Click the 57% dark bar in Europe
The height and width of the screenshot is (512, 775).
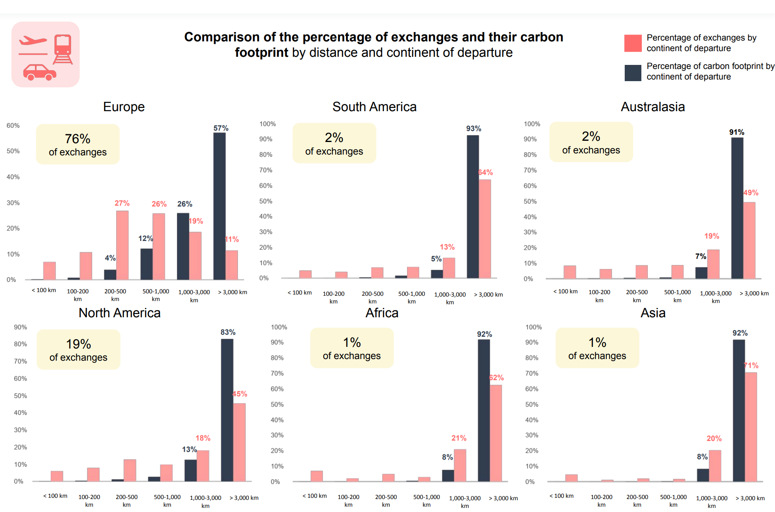pyautogui.click(x=219, y=206)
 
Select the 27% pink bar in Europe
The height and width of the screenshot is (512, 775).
pyautogui.click(x=122, y=245)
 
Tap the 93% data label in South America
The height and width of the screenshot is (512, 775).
pyautogui.click(x=474, y=129)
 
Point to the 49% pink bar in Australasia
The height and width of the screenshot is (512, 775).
pyautogui.click(x=749, y=240)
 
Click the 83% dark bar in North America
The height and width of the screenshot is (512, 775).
pyautogui.click(x=227, y=410)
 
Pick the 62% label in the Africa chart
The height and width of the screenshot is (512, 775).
pyautogui.click(x=496, y=378)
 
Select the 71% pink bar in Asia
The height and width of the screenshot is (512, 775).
pyautogui.click(x=751, y=427)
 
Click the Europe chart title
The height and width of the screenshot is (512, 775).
pyautogui.click(x=124, y=107)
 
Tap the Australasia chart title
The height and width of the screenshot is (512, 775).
pyautogui.click(x=653, y=107)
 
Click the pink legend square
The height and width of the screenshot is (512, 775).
pyautogui.click(x=633, y=43)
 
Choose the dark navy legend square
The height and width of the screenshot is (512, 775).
pyautogui.click(x=633, y=73)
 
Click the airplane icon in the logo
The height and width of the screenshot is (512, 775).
pyautogui.click(x=32, y=41)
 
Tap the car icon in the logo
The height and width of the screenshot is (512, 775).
pyautogui.click(x=39, y=72)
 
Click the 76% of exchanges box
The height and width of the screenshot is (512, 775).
pyautogui.click(x=78, y=144)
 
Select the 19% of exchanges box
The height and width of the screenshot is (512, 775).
pyautogui.click(x=78, y=350)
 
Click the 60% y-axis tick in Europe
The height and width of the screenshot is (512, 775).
pyautogui.click(x=13, y=126)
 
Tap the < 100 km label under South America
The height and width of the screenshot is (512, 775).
pyautogui.click(x=299, y=293)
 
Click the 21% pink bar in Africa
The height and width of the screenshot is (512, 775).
pyautogui.click(x=460, y=465)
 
